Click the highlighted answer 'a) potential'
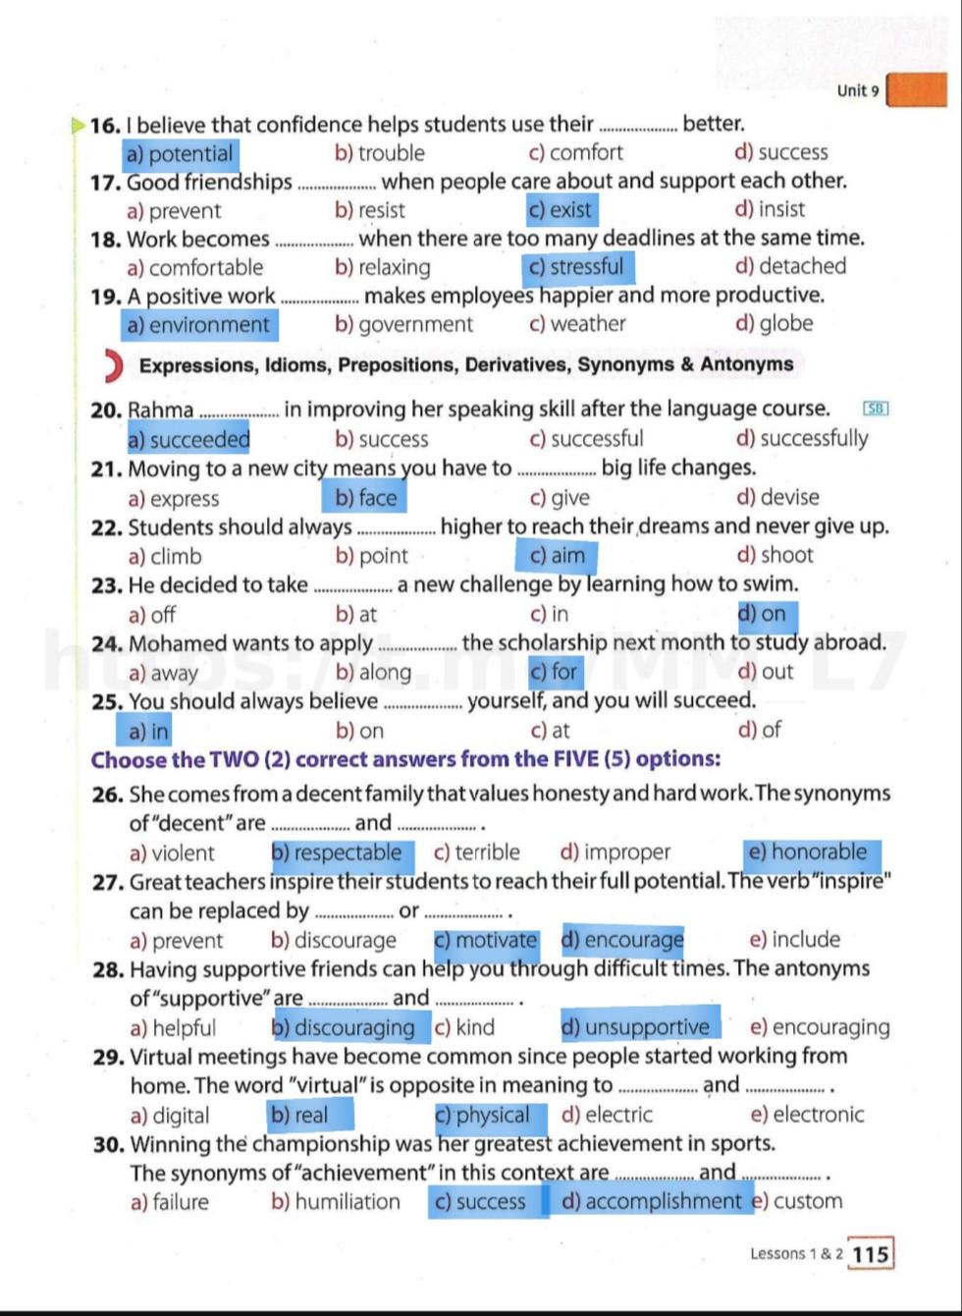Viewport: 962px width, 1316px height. coord(181,153)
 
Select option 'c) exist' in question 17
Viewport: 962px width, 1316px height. coord(560,209)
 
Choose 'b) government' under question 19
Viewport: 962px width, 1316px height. coord(403,324)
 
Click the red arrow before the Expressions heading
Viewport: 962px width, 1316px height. coord(113,365)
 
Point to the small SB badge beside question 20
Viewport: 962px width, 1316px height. coord(875,409)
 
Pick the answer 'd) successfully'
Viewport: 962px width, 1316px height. coord(802,439)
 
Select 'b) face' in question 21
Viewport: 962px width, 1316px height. coord(366,498)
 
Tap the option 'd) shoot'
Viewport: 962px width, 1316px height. coord(775,555)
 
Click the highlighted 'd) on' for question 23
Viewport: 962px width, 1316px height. coord(763,614)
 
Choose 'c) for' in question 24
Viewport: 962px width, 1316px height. coord(554,672)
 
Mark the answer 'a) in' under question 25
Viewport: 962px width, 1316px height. coord(148,731)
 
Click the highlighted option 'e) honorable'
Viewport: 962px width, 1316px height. coord(808,851)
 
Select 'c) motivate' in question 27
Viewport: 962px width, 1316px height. coord(485,940)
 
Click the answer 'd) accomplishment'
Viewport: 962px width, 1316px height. coord(652,1201)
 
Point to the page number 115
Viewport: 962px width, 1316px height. coord(870,1254)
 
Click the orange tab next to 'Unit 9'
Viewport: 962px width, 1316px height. coord(917,90)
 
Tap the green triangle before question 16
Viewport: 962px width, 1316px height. coord(78,125)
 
